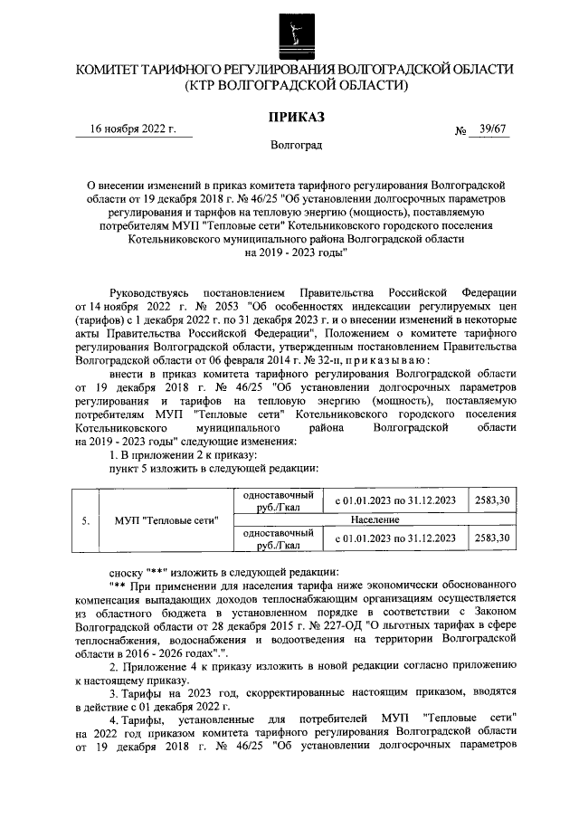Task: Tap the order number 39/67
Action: pos(488,129)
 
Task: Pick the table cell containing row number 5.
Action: pos(84,521)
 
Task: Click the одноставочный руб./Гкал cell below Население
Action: pos(277,539)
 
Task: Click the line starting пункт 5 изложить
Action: pos(214,467)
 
